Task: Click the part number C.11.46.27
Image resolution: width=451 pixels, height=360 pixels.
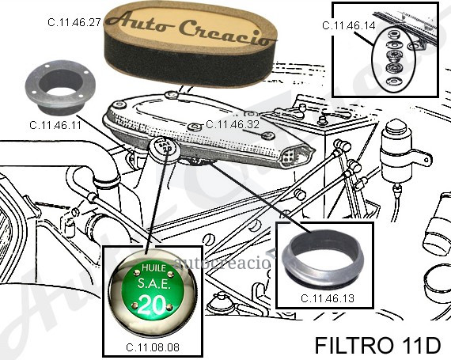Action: [x=74, y=22]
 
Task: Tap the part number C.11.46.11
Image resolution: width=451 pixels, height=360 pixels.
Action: [x=55, y=125]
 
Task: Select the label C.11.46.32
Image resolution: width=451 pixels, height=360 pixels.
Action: [x=233, y=124]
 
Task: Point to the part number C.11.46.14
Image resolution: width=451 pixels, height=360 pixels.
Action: [x=349, y=25]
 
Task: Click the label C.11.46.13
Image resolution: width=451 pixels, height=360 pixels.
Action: [x=328, y=298]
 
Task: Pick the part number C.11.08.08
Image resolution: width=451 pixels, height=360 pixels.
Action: [x=153, y=347]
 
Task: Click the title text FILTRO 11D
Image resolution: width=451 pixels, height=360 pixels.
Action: [x=377, y=345]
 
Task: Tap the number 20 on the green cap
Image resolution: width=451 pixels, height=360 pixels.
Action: [x=153, y=305]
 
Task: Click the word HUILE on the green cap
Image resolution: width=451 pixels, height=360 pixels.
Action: [x=153, y=268]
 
